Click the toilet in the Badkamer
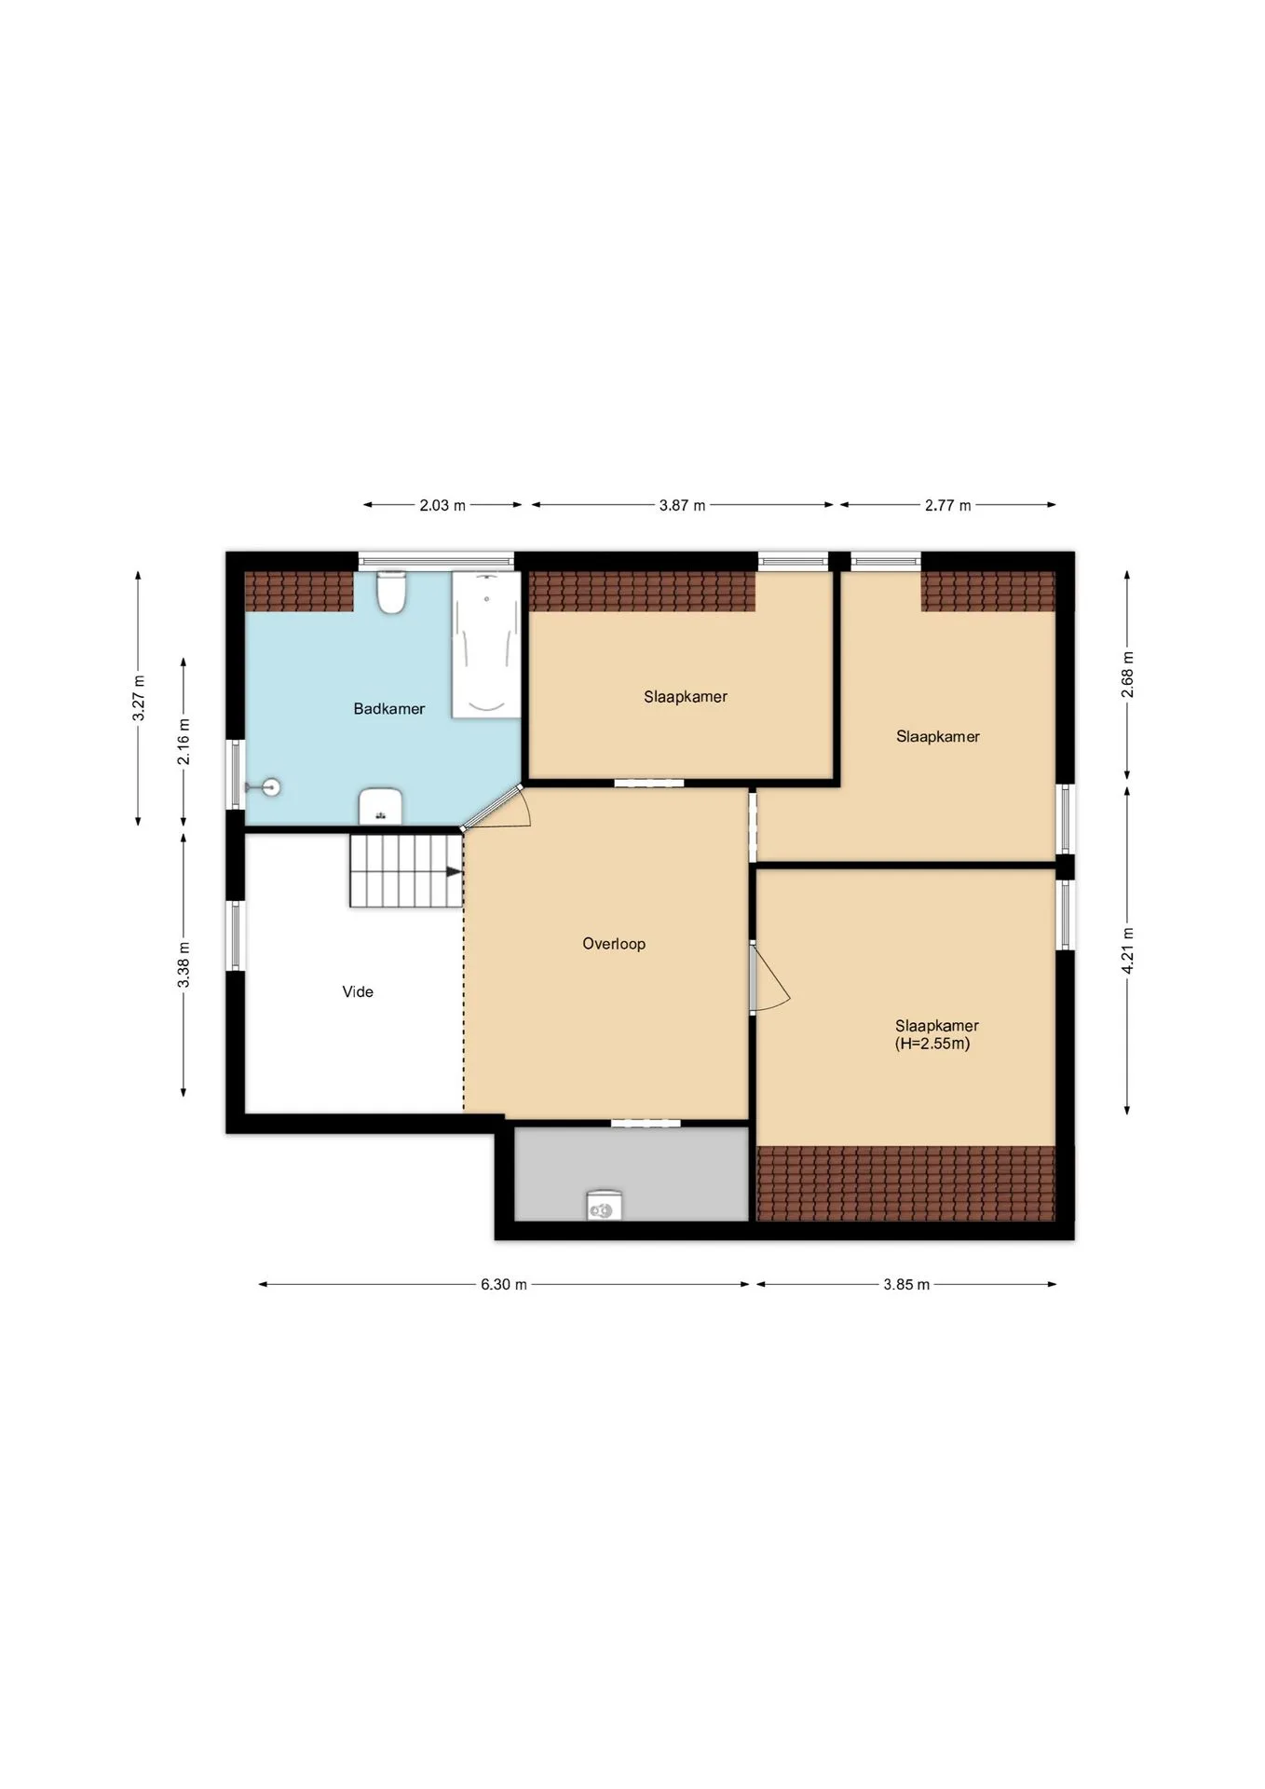[391, 593]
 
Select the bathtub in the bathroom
[486, 645]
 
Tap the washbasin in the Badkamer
[380, 807]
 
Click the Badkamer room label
[388, 709]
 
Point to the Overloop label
[614, 944]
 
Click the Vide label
[358, 992]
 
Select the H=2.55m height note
[932, 1044]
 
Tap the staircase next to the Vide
[406, 870]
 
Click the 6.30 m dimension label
[504, 1284]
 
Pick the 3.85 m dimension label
[906, 1284]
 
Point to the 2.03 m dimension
[442, 505]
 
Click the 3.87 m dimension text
[682, 505]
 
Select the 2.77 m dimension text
[947, 505]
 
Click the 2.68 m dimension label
[1127, 675]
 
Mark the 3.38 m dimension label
[184, 965]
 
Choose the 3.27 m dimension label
[139, 698]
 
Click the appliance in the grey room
[605, 1205]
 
